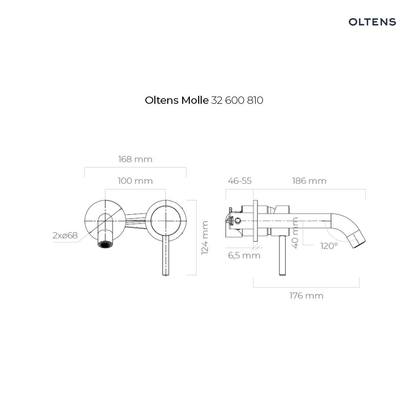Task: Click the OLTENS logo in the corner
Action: (x=372, y=22)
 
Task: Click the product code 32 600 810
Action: (x=237, y=100)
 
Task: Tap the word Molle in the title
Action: (x=195, y=100)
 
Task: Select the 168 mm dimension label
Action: (x=135, y=159)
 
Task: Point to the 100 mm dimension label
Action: (x=135, y=181)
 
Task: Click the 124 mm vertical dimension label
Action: (x=205, y=238)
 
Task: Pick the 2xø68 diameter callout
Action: (x=65, y=235)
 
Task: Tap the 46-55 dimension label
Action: (x=239, y=181)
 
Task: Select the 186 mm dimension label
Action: (x=309, y=181)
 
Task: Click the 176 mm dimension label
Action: (x=306, y=296)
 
